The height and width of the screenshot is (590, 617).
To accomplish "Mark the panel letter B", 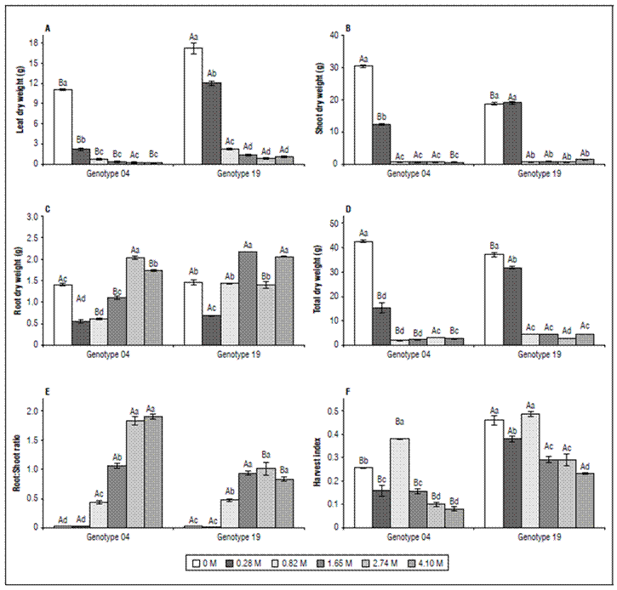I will coord(349,31).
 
